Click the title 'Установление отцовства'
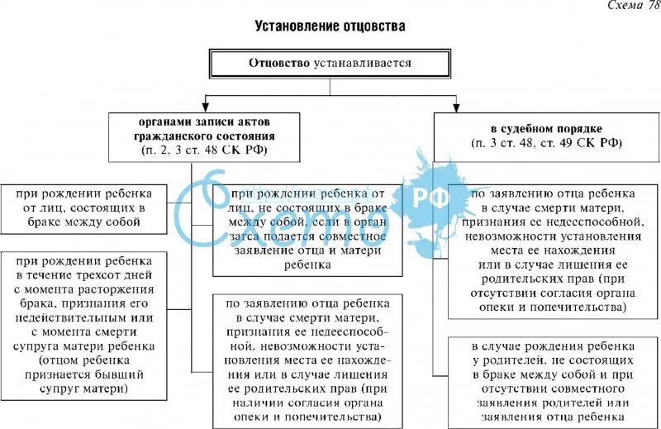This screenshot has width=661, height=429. [x=330, y=26]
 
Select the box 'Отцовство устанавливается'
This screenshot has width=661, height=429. [x=330, y=64]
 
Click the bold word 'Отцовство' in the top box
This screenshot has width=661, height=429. [x=280, y=64]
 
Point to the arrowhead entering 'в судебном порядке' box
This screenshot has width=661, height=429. [x=454, y=106]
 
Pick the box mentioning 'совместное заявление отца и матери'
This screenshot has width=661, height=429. [x=307, y=229]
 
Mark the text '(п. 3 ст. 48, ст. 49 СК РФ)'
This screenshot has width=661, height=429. [x=544, y=143]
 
